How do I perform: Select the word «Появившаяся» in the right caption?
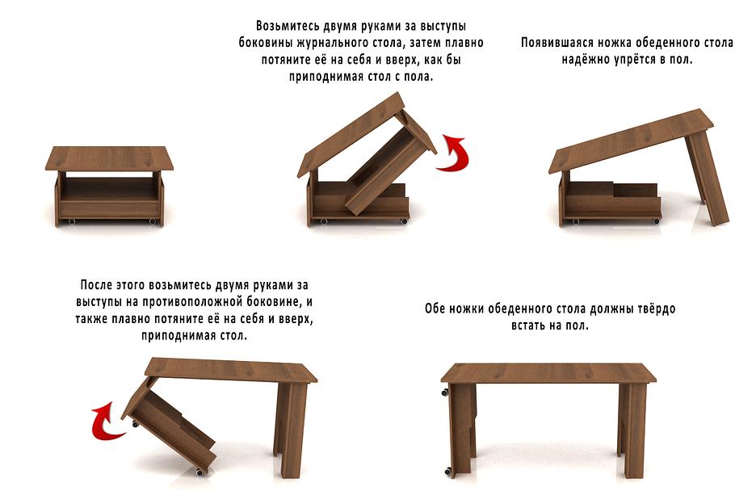click(556, 43)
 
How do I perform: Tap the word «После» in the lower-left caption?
click(96, 284)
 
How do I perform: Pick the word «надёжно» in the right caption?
click(584, 60)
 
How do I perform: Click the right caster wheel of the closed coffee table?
click(153, 222)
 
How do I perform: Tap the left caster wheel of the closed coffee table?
click(71, 222)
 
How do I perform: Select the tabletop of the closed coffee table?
click(110, 158)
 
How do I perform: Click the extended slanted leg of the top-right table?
click(707, 179)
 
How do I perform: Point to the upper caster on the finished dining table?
click(444, 392)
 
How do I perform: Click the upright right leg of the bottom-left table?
click(291, 428)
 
